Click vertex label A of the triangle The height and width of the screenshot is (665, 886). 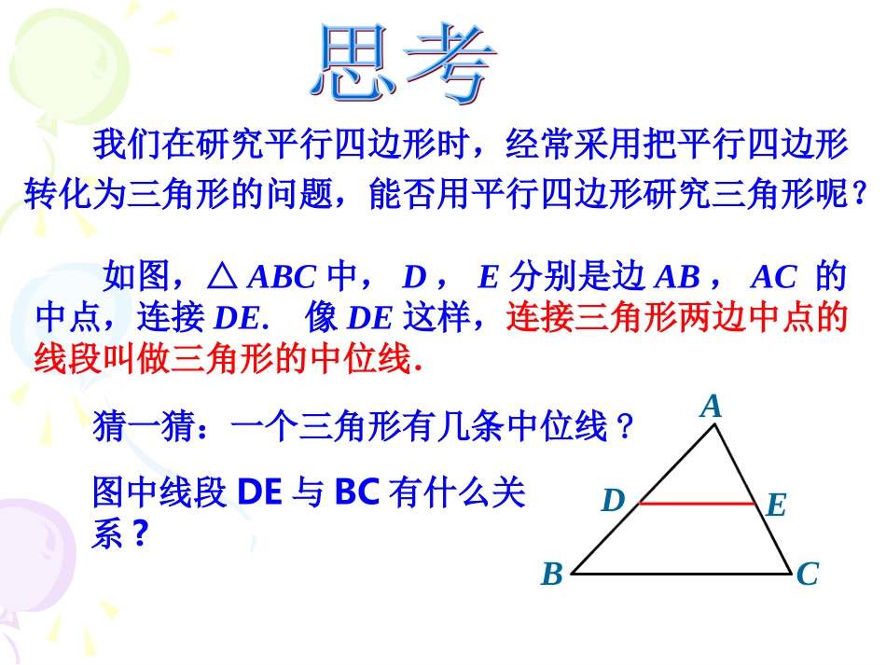[x=712, y=407]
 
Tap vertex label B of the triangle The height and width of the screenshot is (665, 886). [x=552, y=574]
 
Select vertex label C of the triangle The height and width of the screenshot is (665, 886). [x=807, y=574]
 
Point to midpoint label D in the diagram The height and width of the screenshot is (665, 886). [x=612, y=502]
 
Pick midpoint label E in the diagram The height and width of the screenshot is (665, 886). [x=776, y=506]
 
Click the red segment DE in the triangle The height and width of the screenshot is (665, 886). [x=697, y=504]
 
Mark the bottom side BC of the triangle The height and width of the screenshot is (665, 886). [x=681, y=575]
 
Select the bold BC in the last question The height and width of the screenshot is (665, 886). [x=356, y=492]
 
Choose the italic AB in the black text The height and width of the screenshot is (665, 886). [x=677, y=277]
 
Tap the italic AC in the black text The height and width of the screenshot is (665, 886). [x=774, y=277]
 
